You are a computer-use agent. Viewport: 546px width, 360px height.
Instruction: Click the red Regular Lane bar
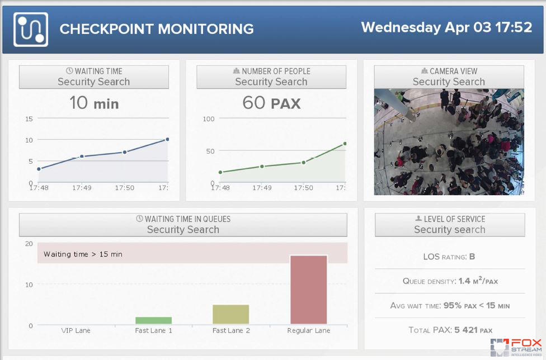308,290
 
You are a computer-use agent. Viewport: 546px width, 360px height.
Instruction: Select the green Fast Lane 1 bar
153,320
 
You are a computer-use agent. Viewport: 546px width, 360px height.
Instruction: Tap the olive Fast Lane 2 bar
230,314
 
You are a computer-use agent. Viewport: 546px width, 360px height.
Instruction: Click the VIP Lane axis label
76,330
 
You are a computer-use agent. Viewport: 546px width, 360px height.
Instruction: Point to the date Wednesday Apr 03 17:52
446,27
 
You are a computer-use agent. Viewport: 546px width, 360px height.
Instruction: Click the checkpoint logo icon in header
31,29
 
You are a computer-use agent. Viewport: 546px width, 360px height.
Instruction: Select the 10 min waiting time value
93,103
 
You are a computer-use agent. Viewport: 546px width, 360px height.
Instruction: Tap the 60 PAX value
271,103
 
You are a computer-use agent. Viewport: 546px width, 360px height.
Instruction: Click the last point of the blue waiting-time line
167,139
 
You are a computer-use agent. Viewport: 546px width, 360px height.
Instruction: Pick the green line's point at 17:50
303,163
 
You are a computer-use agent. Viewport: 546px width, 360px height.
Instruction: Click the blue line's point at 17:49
82,157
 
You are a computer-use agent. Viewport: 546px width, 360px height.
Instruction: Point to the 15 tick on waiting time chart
29,119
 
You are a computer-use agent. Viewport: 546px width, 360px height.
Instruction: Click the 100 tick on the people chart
209,119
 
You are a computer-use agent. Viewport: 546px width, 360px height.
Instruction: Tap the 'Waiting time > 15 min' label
83,254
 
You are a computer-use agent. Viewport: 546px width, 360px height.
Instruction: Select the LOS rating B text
472,257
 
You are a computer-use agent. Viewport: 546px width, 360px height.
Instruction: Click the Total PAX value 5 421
464,330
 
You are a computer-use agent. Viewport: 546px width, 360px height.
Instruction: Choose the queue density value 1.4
464,281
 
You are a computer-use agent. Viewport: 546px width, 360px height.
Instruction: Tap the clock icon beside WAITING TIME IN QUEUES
140,219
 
